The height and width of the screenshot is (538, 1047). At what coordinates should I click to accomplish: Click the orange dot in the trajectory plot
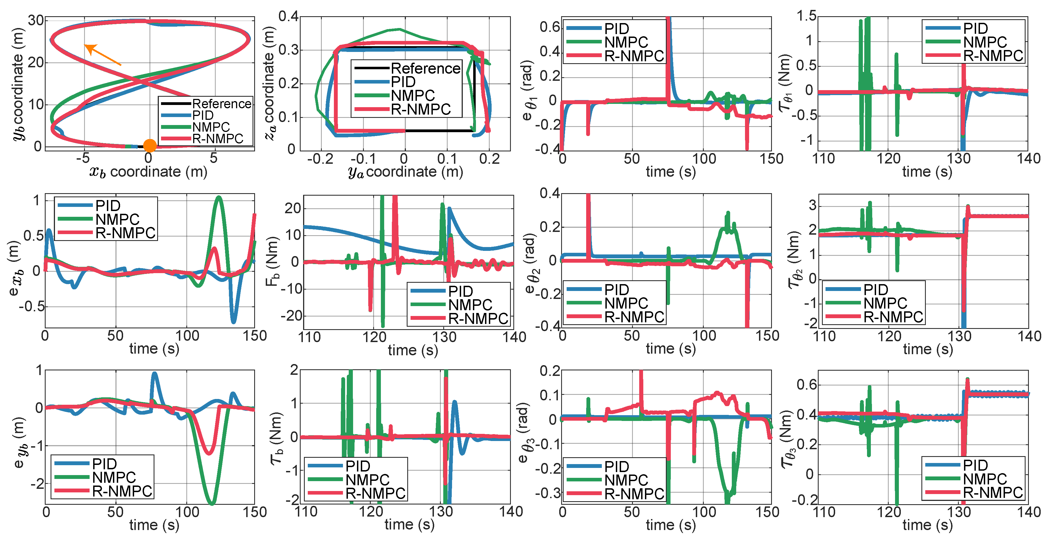pos(149,145)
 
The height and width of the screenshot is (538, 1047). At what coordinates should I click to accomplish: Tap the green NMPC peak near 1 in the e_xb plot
pos(219,198)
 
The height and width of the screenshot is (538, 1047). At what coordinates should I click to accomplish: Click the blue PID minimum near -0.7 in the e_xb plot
pos(233,321)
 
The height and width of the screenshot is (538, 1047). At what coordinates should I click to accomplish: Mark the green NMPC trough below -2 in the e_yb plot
pos(212,503)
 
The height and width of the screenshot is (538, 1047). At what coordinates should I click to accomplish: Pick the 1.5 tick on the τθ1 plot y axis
pos(806,16)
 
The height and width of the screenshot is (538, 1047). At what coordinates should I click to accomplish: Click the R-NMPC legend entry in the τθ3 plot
pos(992,492)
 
